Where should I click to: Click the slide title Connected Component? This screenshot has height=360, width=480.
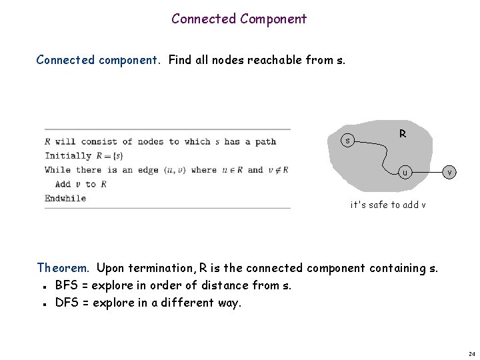(239, 19)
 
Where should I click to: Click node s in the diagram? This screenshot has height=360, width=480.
(347, 141)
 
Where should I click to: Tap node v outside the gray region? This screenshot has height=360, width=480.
(450, 173)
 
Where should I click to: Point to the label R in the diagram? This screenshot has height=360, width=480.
(403, 134)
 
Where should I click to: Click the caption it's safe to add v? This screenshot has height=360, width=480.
(389, 205)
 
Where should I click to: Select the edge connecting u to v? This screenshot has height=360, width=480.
(427, 173)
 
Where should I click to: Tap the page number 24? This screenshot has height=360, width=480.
(471, 353)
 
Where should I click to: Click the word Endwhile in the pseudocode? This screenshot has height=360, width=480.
(65, 198)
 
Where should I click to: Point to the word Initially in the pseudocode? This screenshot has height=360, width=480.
(67, 155)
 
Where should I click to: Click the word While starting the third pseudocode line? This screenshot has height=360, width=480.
(57, 169)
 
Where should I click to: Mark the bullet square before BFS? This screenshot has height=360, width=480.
(43, 287)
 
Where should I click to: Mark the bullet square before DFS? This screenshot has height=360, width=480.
(43, 303)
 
